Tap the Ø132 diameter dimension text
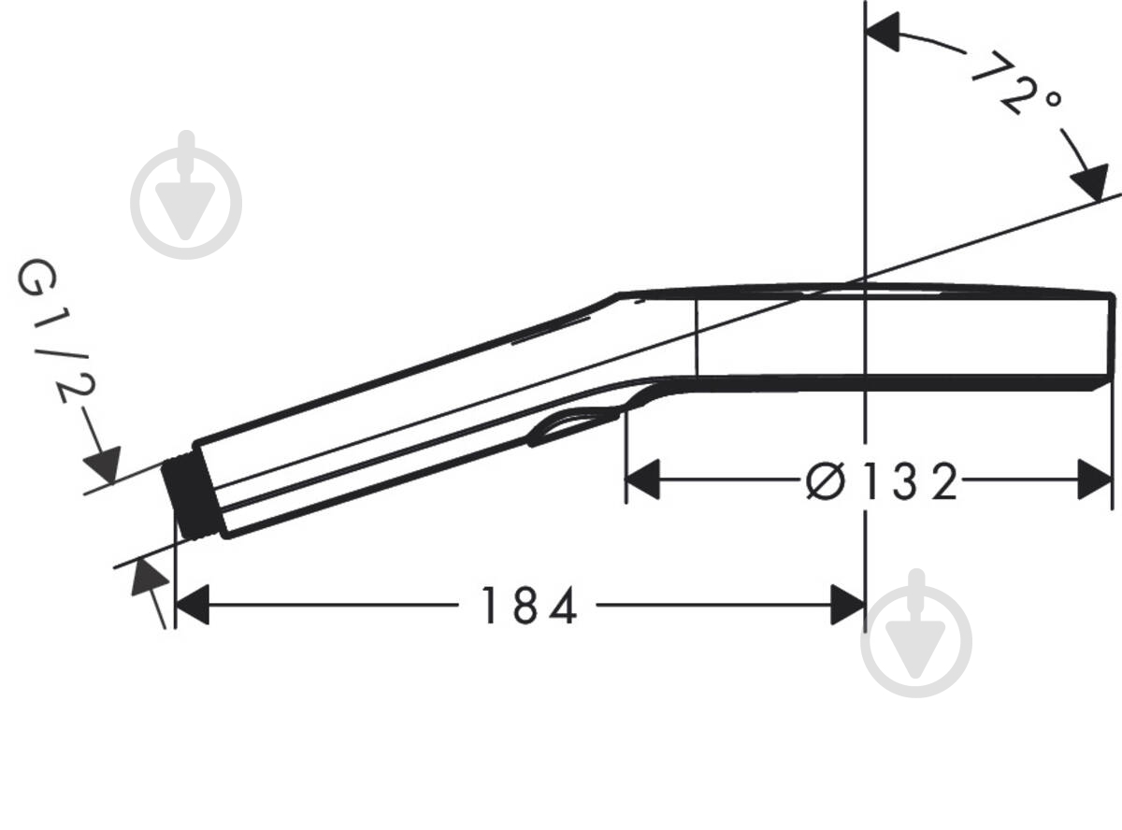[x=882, y=481]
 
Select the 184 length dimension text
[x=529, y=606]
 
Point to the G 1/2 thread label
[x=55, y=331]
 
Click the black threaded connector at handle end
[x=190, y=497]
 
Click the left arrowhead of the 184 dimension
[x=192, y=605]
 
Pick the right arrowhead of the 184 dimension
[x=848, y=605]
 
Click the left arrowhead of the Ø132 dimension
[x=642, y=479]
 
